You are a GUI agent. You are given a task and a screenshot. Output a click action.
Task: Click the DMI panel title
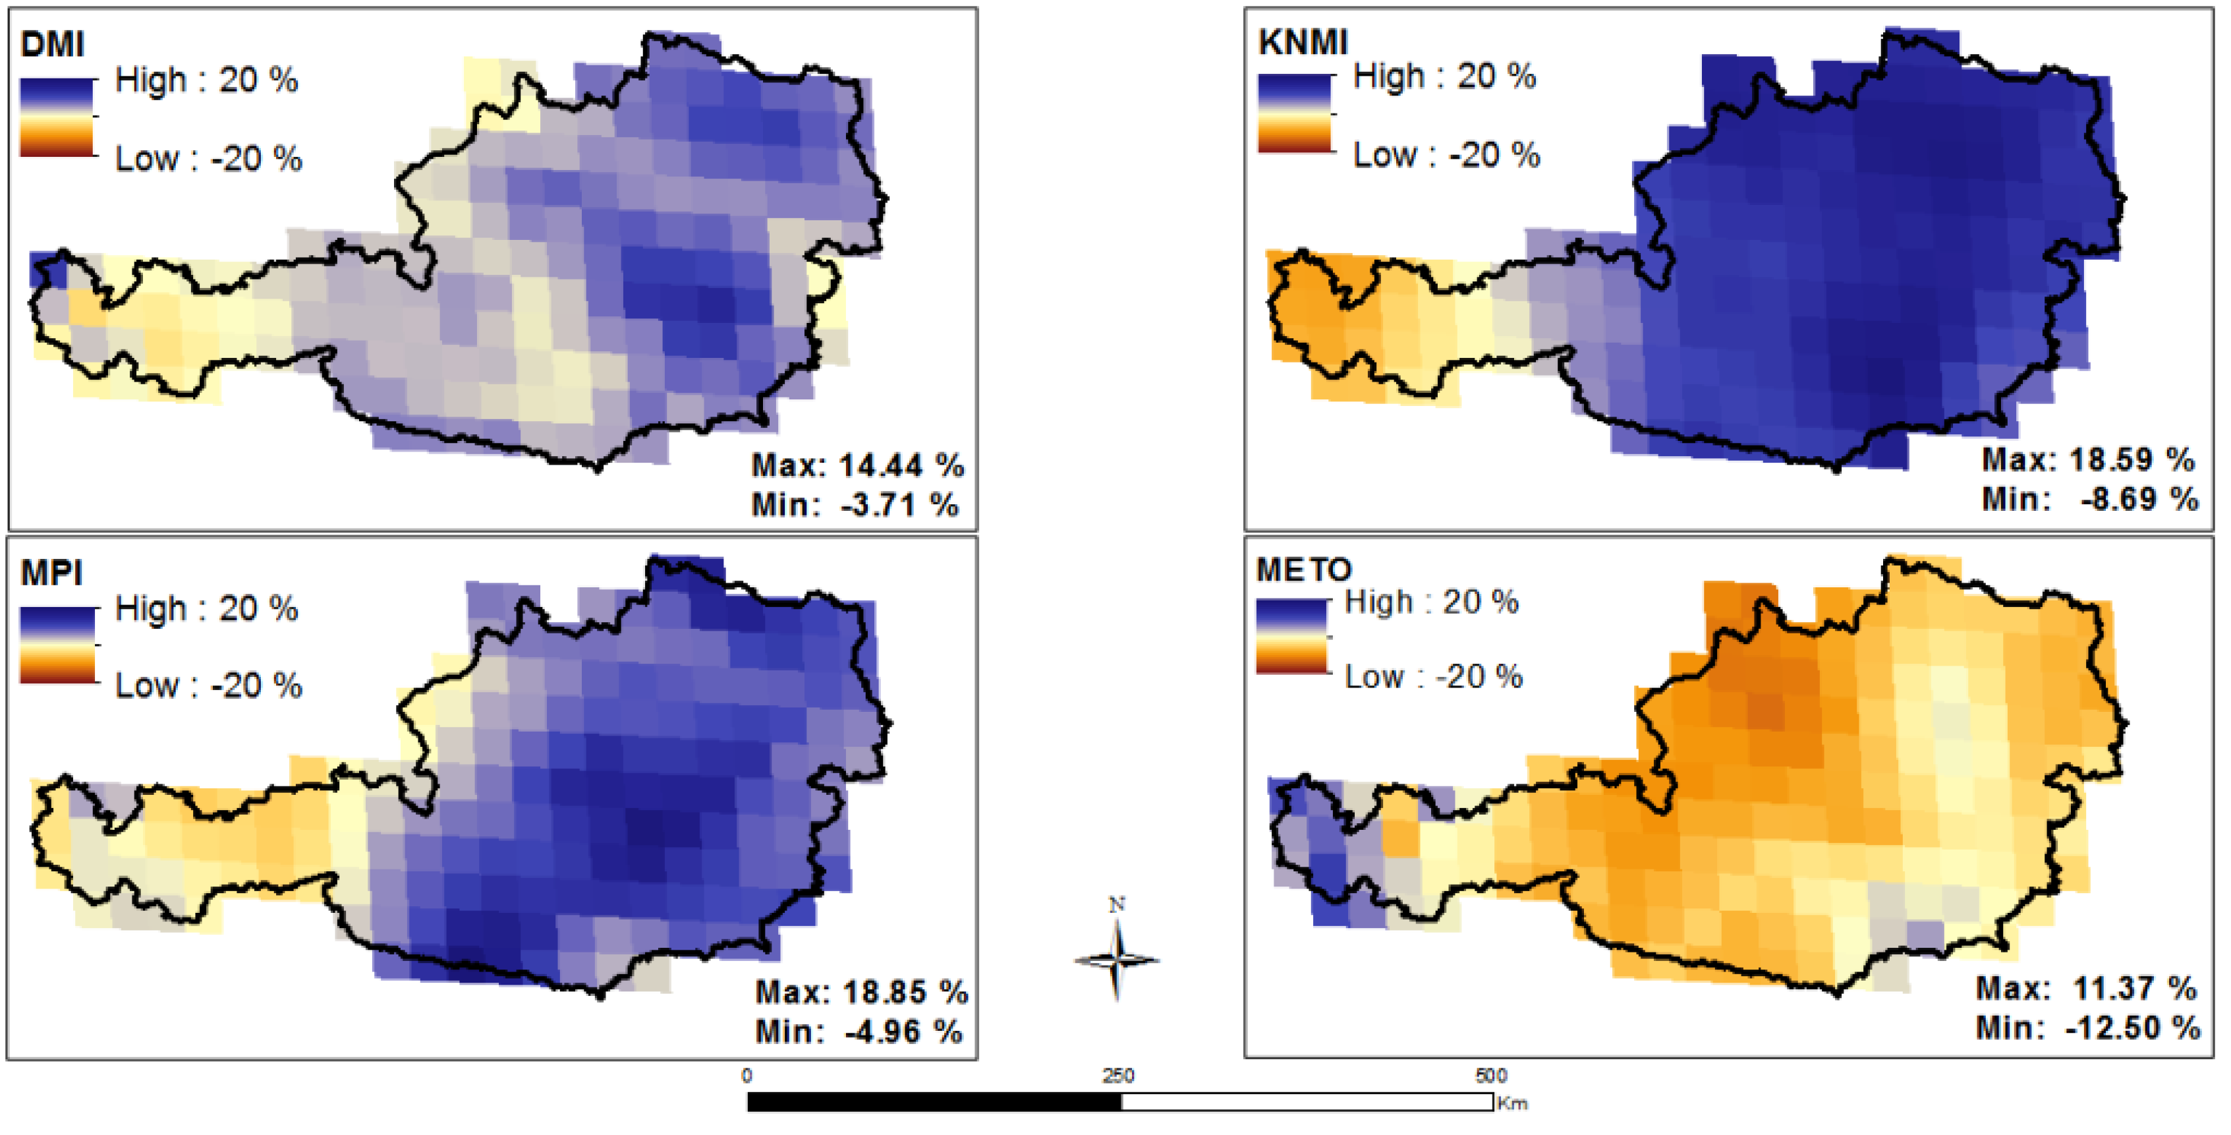(x=52, y=44)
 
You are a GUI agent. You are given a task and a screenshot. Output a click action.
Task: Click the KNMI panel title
(x=1303, y=42)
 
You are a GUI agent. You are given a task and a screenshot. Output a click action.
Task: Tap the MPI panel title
(x=52, y=573)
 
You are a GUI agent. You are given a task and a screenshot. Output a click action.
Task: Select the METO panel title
(x=1303, y=570)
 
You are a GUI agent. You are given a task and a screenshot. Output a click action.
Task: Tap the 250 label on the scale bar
(x=1118, y=1076)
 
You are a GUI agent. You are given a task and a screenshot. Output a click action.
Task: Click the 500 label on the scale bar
(x=1491, y=1076)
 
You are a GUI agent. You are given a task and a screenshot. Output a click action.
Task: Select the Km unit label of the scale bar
(x=1512, y=1104)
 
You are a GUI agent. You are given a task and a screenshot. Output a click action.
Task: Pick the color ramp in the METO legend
(x=1291, y=637)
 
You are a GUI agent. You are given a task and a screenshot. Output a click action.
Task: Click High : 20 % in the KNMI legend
(x=1444, y=77)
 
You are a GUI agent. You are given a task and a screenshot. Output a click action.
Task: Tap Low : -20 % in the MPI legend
(x=208, y=686)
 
